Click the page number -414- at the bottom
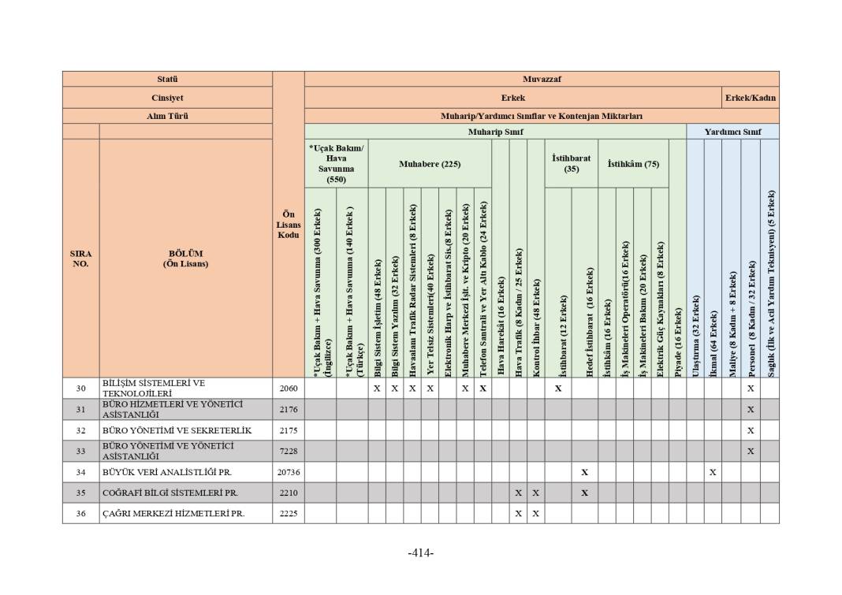[421, 553]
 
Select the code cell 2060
[289, 388]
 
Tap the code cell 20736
[289, 472]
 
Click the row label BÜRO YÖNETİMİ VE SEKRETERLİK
[177, 430]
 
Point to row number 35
[80, 493]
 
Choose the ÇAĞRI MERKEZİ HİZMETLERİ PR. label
[173, 514]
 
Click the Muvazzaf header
[542, 79]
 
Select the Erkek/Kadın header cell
[751, 98]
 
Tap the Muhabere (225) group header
[429, 164]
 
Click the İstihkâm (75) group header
[633, 164]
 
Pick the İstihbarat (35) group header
[571, 163]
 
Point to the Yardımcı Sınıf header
[732, 132]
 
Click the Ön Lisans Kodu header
[289, 225]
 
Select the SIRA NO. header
[80, 258]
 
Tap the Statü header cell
[167, 79]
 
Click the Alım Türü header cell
[167, 116]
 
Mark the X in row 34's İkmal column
[713, 472]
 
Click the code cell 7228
[289, 451]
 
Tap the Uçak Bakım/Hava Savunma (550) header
[336, 163]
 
